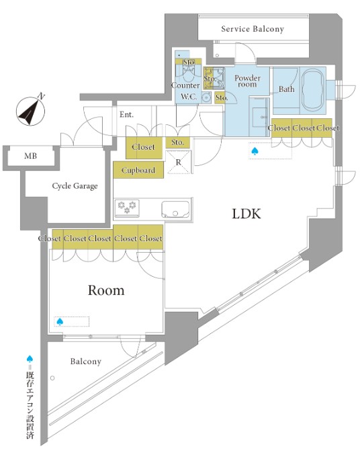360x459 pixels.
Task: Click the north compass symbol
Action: pyautogui.click(x=30, y=111)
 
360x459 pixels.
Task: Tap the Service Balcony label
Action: pyautogui.click(x=253, y=29)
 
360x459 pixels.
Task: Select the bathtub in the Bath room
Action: pyautogui.click(x=312, y=89)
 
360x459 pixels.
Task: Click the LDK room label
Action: pyautogui.click(x=246, y=214)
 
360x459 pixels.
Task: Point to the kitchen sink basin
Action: pyautogui.click(x=175, y=210)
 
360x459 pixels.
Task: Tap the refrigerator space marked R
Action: pyautogui.click(x=179, y=162)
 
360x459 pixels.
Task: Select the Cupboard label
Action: pyautogui.click(x=138, y=170)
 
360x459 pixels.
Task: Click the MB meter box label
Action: pyautogui.click(x=30, y=156)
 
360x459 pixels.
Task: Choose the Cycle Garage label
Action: pyautogui.click(x=75, y=186)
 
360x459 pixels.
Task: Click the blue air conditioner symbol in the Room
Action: pyautogui.click(x=60, y=322)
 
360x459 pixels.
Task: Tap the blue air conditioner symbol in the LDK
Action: pyautogui.click(x=254, y=151)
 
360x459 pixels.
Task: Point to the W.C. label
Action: pyautogui.click(x=189, y=97)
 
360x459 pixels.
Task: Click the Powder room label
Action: pyautogui.click(x=247, y=81)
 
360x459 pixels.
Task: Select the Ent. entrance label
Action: pyautogui.click(x=126, y=114)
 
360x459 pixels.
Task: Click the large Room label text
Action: pyautogui.click(x=106, y=290)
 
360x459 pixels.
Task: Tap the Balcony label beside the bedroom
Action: pyautogui.click(x=86, y=362)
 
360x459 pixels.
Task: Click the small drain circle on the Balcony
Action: pyautogui.click(x=52, y=378)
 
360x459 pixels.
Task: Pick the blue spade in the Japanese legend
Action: pyautogui.click(x=30, y=359)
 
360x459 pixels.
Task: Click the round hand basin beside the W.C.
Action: pyautogui.click(x=207, y=97)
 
